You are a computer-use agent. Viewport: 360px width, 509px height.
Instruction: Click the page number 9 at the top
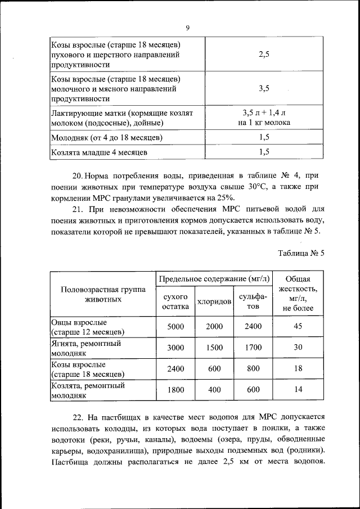(x=187, y=28)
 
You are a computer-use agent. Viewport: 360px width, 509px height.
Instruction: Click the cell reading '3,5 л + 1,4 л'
(x=264, y=112)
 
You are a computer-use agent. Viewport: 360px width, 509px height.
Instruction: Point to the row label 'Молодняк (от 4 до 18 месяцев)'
(x=107, y=137)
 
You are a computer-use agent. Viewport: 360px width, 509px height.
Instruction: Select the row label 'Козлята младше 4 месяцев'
(x=100, y=152)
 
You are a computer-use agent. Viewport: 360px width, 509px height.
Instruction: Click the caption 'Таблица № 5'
(x=301, y=253)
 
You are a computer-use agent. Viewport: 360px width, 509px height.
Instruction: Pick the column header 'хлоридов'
(x=214, y=301)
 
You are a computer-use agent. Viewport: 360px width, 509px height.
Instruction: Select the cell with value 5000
(x=175, y=327)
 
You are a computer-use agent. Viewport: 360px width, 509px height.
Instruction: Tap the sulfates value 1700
(x=253, y=348)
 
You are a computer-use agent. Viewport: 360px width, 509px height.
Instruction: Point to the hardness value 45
(x=299, y=327)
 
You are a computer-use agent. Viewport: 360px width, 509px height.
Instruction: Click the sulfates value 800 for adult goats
(x=253, y=369)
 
